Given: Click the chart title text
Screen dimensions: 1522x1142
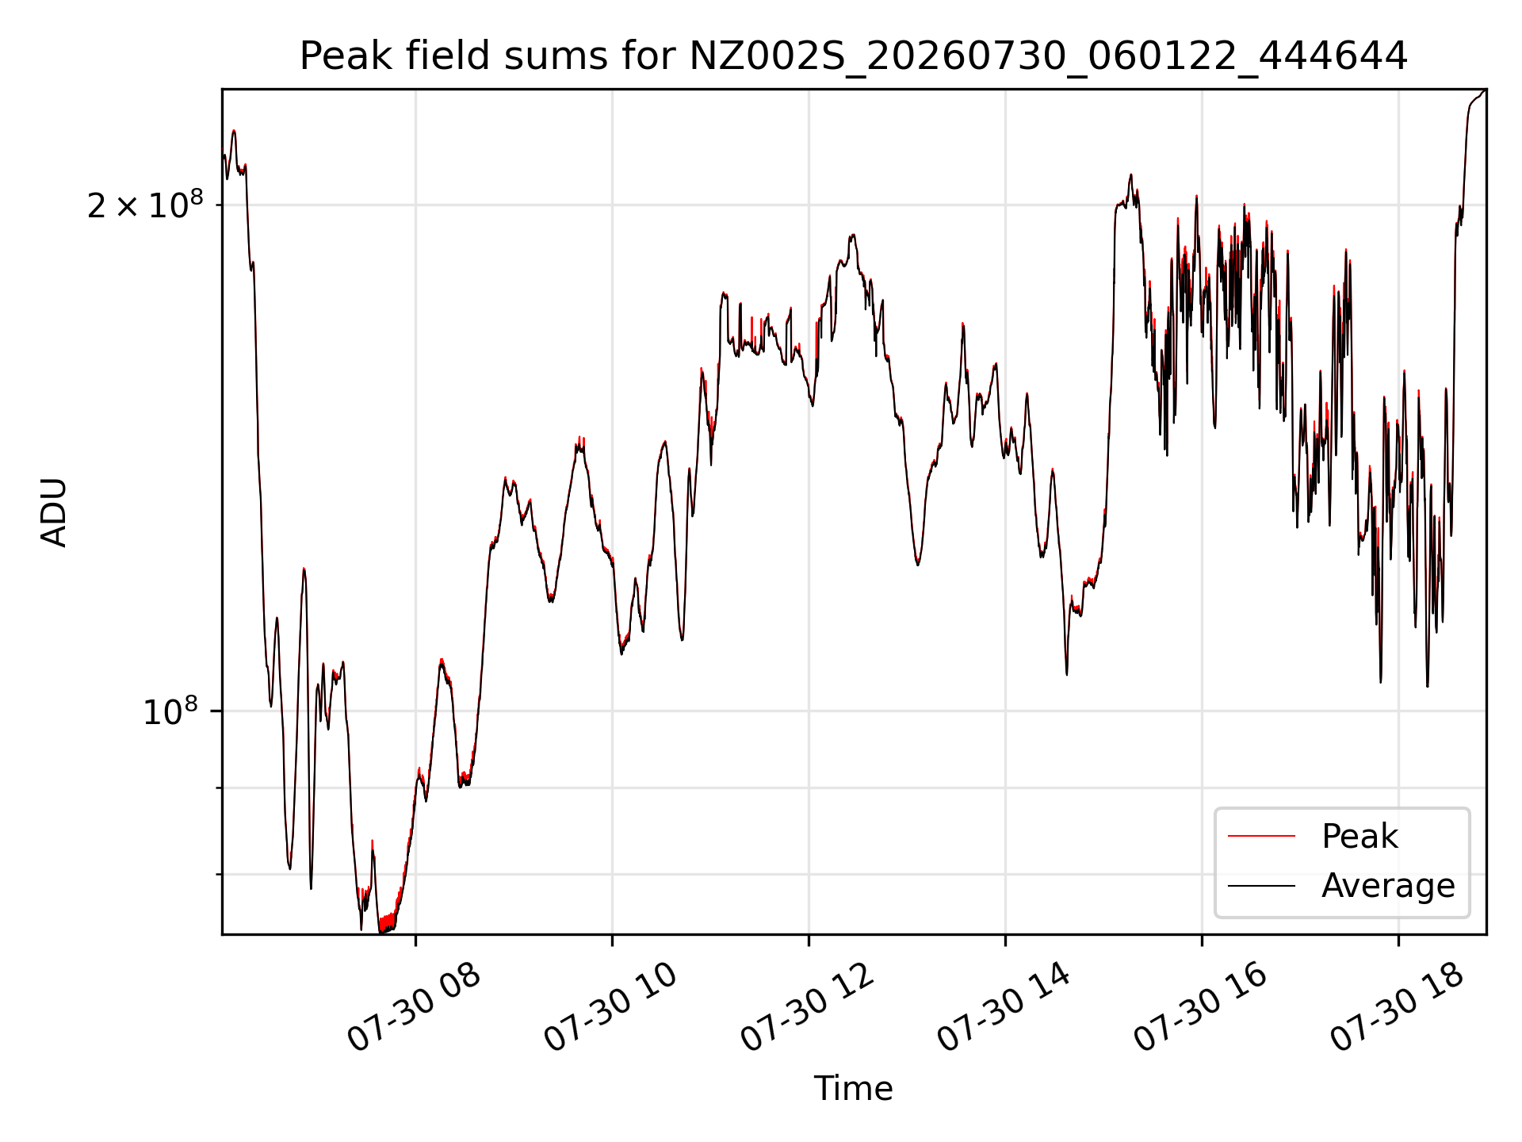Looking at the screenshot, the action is point(853,56).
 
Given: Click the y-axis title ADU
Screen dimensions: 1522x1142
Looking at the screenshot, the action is point(54,512).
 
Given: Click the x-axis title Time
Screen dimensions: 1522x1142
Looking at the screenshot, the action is point(853,1089).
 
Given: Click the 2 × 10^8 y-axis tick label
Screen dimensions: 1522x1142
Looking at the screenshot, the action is point(145,205).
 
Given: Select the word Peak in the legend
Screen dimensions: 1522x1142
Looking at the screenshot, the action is point(1359,837).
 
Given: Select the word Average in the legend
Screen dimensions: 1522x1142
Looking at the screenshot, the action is point(1388,886).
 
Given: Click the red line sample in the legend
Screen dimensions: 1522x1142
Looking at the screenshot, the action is point(1261,837).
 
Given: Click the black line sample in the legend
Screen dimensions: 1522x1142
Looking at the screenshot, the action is point(1261,886).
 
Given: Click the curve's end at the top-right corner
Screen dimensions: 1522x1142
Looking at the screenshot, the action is point(1485,90).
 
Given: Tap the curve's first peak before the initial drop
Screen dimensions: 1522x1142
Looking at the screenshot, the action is point(234,131).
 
